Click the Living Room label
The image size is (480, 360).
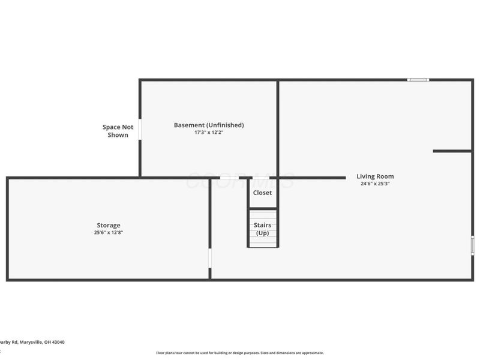pos(375,176)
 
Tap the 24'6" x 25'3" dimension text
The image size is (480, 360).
pos(375,184)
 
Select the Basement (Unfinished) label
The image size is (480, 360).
pos(209,125)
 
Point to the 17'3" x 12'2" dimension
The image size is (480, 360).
pos(209,132)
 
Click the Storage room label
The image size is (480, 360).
pos(109,225)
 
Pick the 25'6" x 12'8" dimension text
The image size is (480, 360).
pos(109,232)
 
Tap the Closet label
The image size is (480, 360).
pos(262,193)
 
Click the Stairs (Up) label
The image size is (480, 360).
pos(262,229)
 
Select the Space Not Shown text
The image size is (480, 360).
pos(118,131)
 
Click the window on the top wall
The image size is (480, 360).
pos(418,79)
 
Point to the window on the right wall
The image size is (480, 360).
pos(472,245)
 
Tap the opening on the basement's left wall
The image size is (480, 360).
pos(140,129)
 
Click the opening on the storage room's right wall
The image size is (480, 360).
pos(209,259)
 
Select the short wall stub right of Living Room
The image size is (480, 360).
pos(452,151)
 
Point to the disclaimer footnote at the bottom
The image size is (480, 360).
pos(240,353)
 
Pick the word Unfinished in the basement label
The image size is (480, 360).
pos(226,125)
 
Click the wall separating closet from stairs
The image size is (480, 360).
pos(263,208)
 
